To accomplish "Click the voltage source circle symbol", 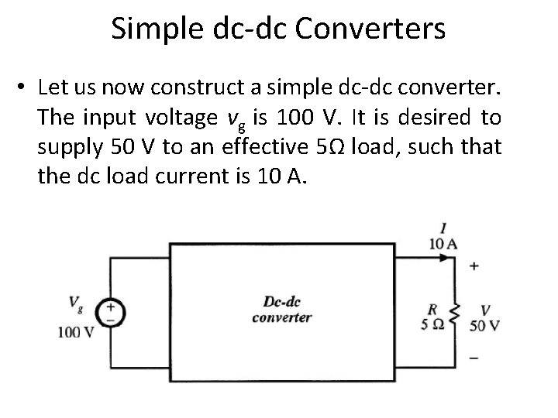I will point(110,313).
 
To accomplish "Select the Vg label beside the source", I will point(77,303).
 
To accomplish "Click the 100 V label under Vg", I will point(76,332).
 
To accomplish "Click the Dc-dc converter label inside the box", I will point(282,309).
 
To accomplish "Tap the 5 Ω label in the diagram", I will point(432,324).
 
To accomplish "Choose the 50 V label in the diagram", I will point(484,325).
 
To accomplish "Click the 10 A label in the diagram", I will point(443,244).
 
